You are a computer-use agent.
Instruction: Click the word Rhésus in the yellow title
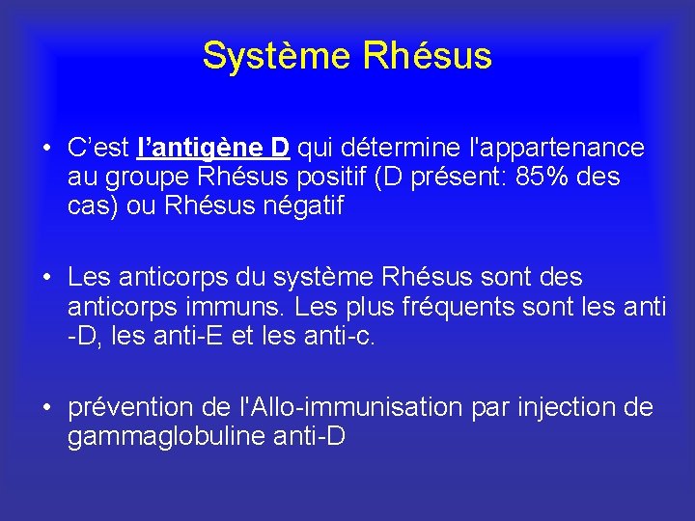tap(428, 56)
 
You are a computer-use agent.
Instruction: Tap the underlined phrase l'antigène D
tap(214, 148)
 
